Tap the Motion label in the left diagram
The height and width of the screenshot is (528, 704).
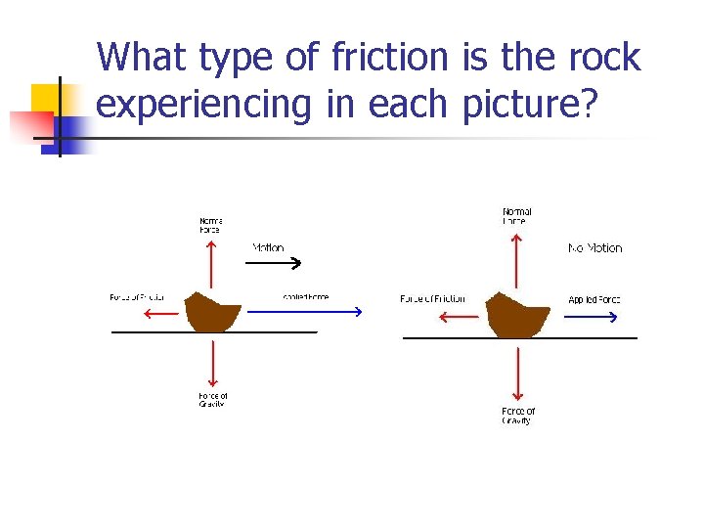tap(269, 248)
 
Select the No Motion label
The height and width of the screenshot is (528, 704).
tap(594, 248)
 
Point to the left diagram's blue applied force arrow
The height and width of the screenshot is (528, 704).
tap(304, 312)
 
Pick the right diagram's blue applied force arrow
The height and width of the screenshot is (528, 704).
tap(594, 317)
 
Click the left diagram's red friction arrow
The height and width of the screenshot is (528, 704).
tap(159, 314)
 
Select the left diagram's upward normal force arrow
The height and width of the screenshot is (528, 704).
tap(211, 264)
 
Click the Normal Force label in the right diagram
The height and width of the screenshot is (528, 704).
tap(516, 216)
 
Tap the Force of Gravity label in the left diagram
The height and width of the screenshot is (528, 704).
tap(213, 400)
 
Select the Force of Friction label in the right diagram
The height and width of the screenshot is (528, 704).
tap(432, 299)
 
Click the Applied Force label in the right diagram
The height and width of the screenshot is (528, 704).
tap(594, 299)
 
